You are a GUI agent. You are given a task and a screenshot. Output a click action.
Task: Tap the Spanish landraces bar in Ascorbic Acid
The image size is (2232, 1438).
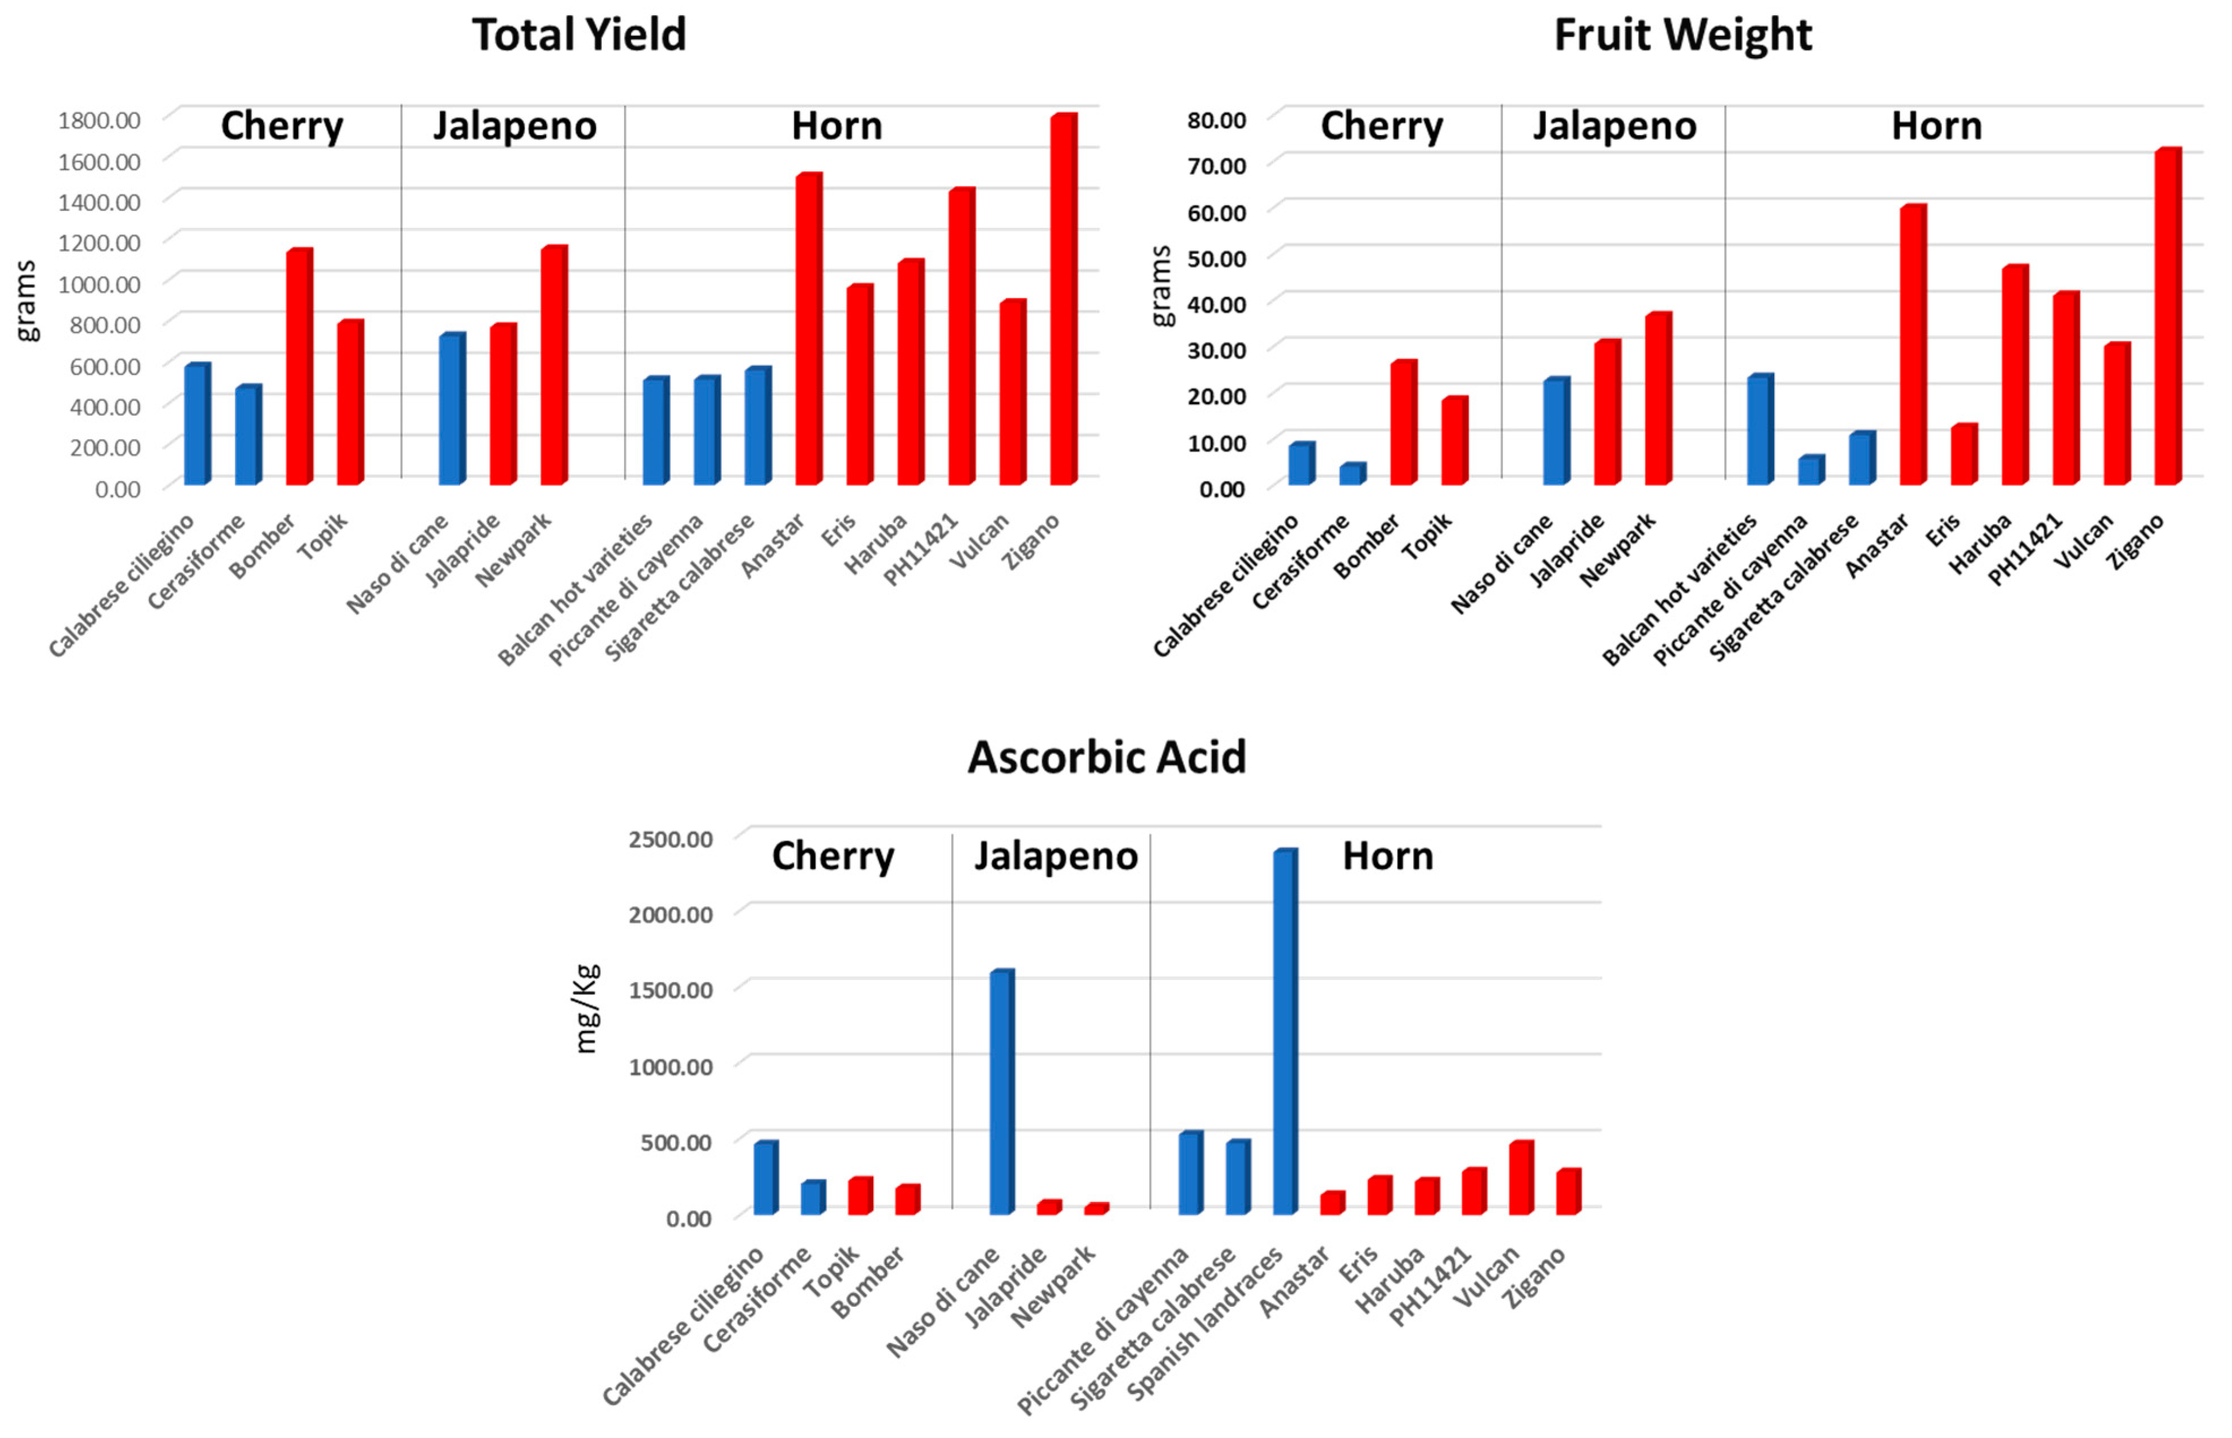pyautogui.click(x=1284, y=1032)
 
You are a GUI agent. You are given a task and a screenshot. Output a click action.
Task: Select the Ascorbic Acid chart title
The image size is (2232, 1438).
pyautogui.click(x=1106, y=757)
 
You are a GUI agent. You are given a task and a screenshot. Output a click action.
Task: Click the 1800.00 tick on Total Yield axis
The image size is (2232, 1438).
pyautogui.click(x=99, y=119)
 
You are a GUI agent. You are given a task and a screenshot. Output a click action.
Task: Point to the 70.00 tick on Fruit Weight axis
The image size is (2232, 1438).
pyautogui.click(x=1216, y=166)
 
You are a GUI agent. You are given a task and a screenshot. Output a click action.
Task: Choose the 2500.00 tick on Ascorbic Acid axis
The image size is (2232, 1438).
pyautogui.click(x=671, y=838)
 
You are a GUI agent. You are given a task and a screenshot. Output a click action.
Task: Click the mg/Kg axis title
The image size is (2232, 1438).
pyautogui.click(x=586, y=1009)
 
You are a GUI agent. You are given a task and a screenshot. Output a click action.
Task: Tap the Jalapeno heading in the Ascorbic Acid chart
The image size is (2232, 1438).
pyautogui.click(x=1055, y=856)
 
